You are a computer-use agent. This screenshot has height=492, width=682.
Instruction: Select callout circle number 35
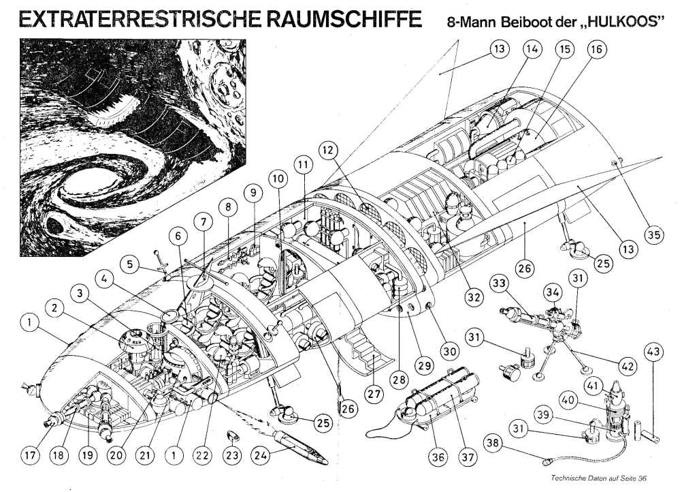tap(654, 235)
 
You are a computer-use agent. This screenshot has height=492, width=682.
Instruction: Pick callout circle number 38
tap(494, 444)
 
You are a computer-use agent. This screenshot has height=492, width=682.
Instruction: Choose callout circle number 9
tap(254, 194)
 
